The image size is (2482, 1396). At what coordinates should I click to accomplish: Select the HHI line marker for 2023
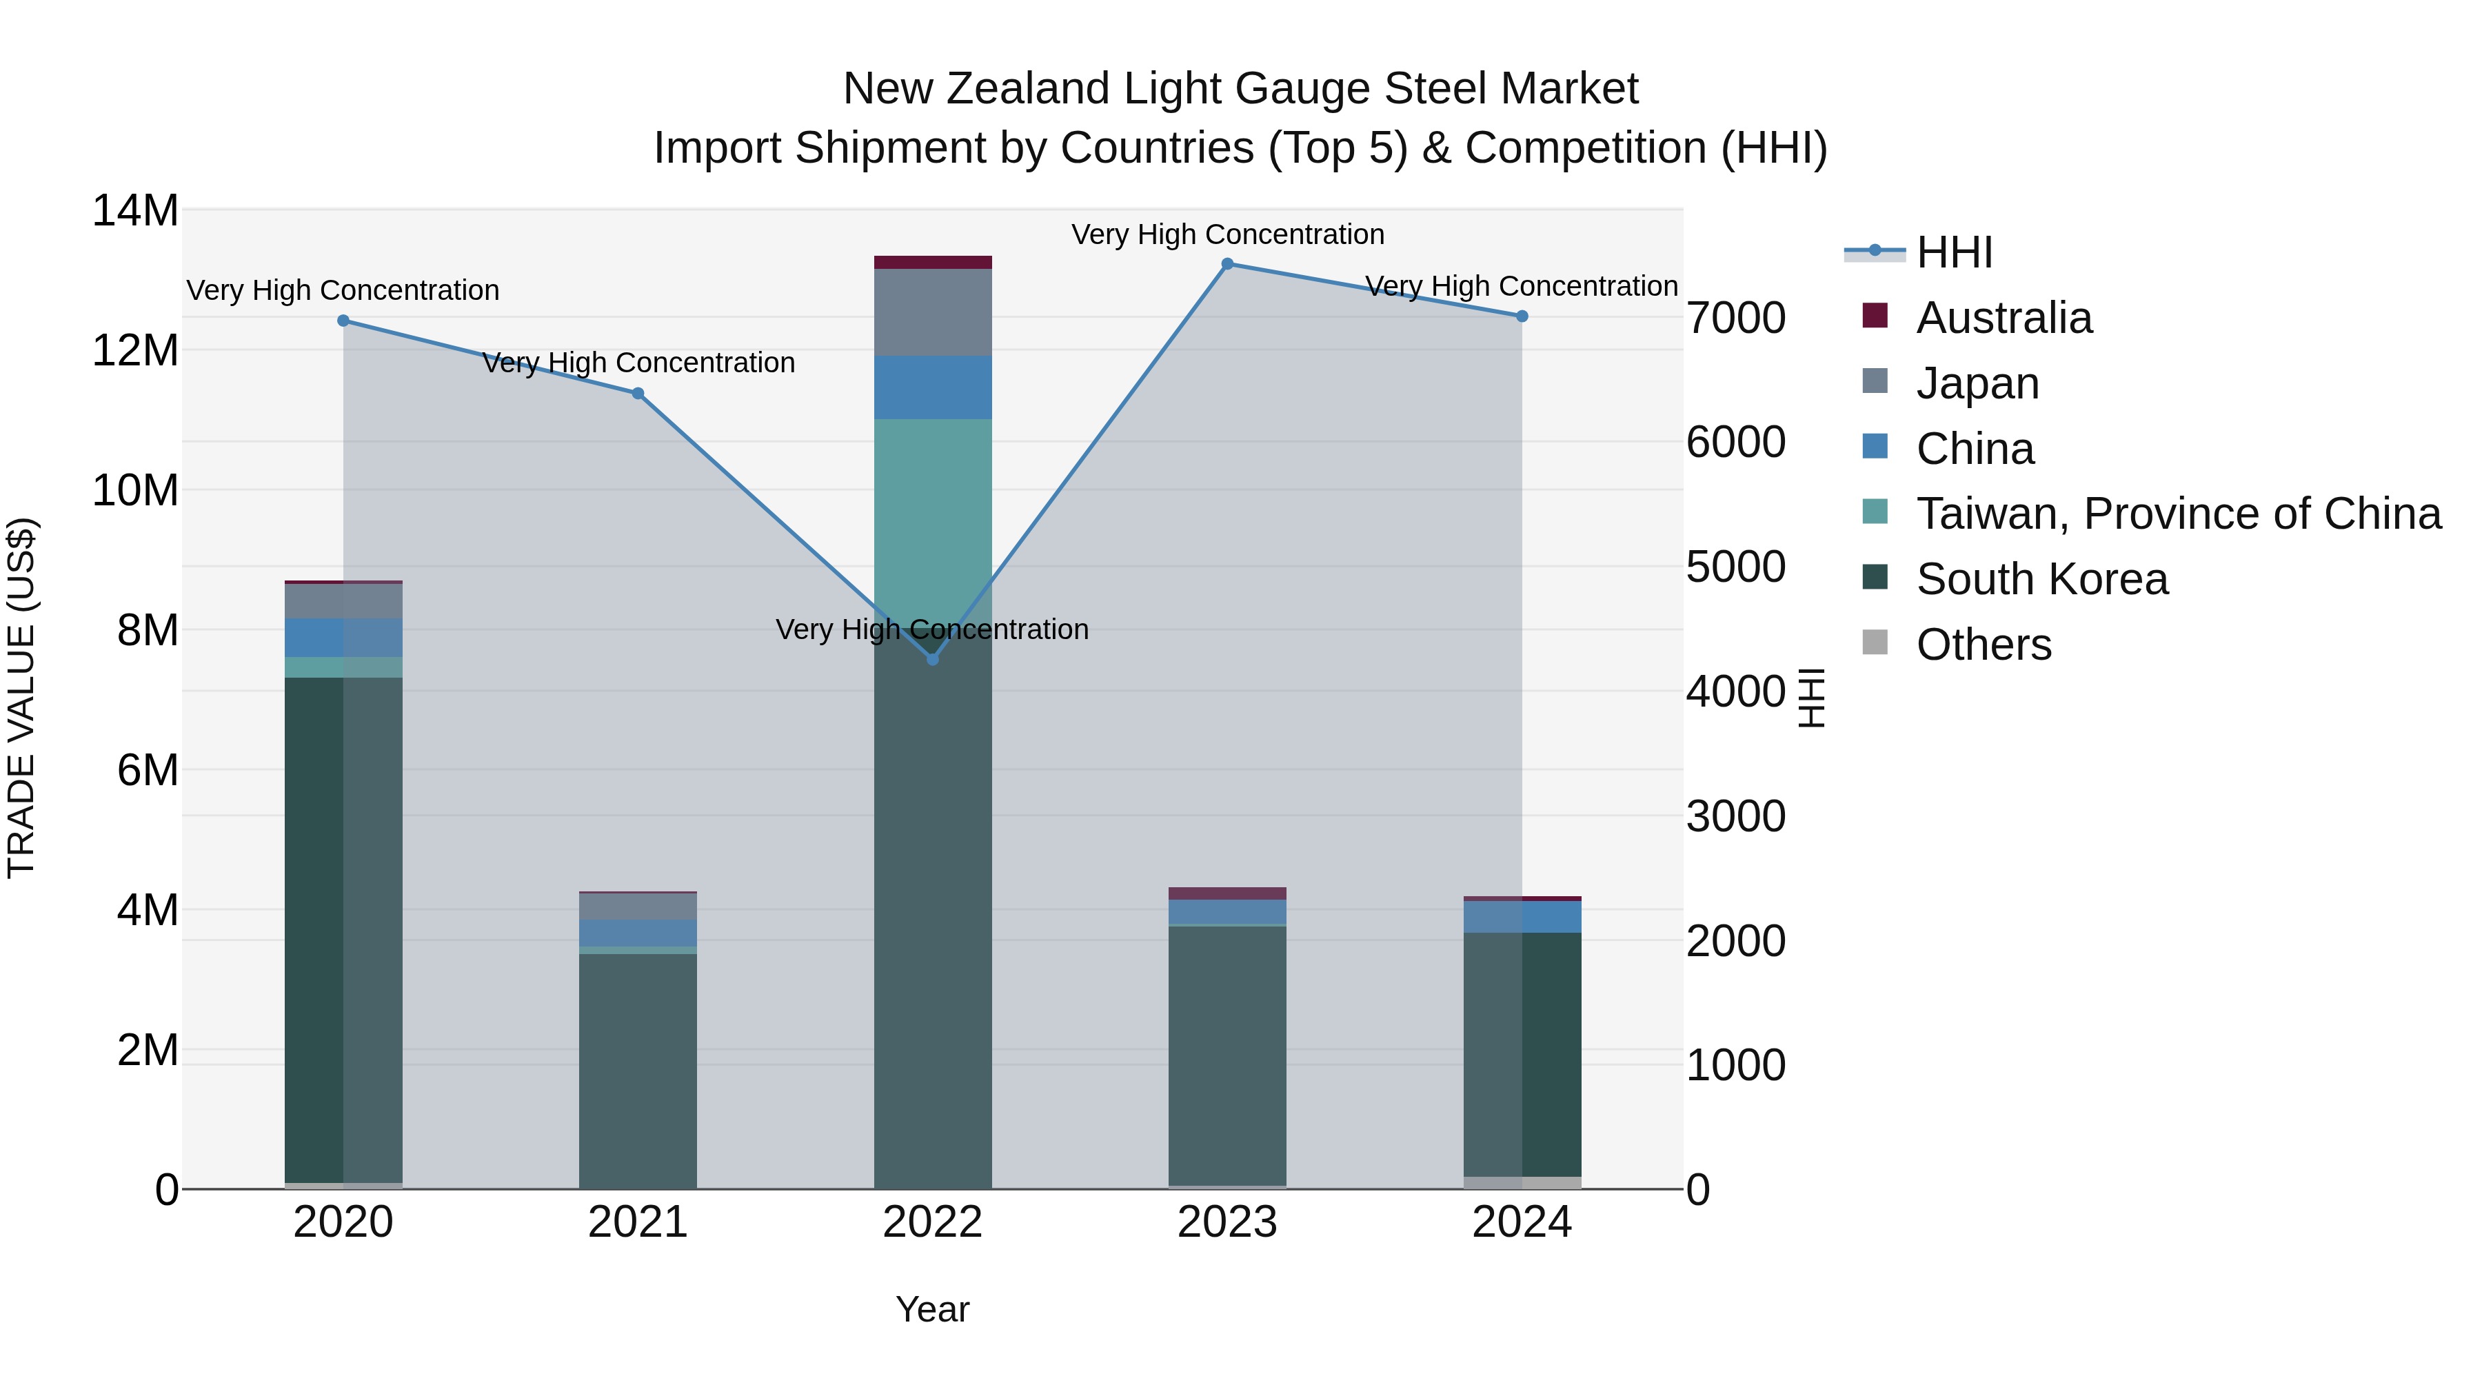1227,264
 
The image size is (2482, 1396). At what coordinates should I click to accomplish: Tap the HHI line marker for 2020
343,321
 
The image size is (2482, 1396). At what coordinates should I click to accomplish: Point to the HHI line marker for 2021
638,393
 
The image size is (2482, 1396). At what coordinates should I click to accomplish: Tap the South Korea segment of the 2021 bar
638,1069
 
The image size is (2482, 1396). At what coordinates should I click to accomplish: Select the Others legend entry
1983,645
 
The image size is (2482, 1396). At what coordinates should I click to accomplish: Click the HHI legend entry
1953,252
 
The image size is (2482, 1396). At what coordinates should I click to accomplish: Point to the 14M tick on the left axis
135,210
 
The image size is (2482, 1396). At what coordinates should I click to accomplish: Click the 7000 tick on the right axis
1735,318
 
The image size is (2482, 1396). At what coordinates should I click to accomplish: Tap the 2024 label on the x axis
1522,1222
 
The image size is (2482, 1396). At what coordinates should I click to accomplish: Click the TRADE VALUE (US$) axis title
21,698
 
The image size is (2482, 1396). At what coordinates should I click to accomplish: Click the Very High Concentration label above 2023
1227,234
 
